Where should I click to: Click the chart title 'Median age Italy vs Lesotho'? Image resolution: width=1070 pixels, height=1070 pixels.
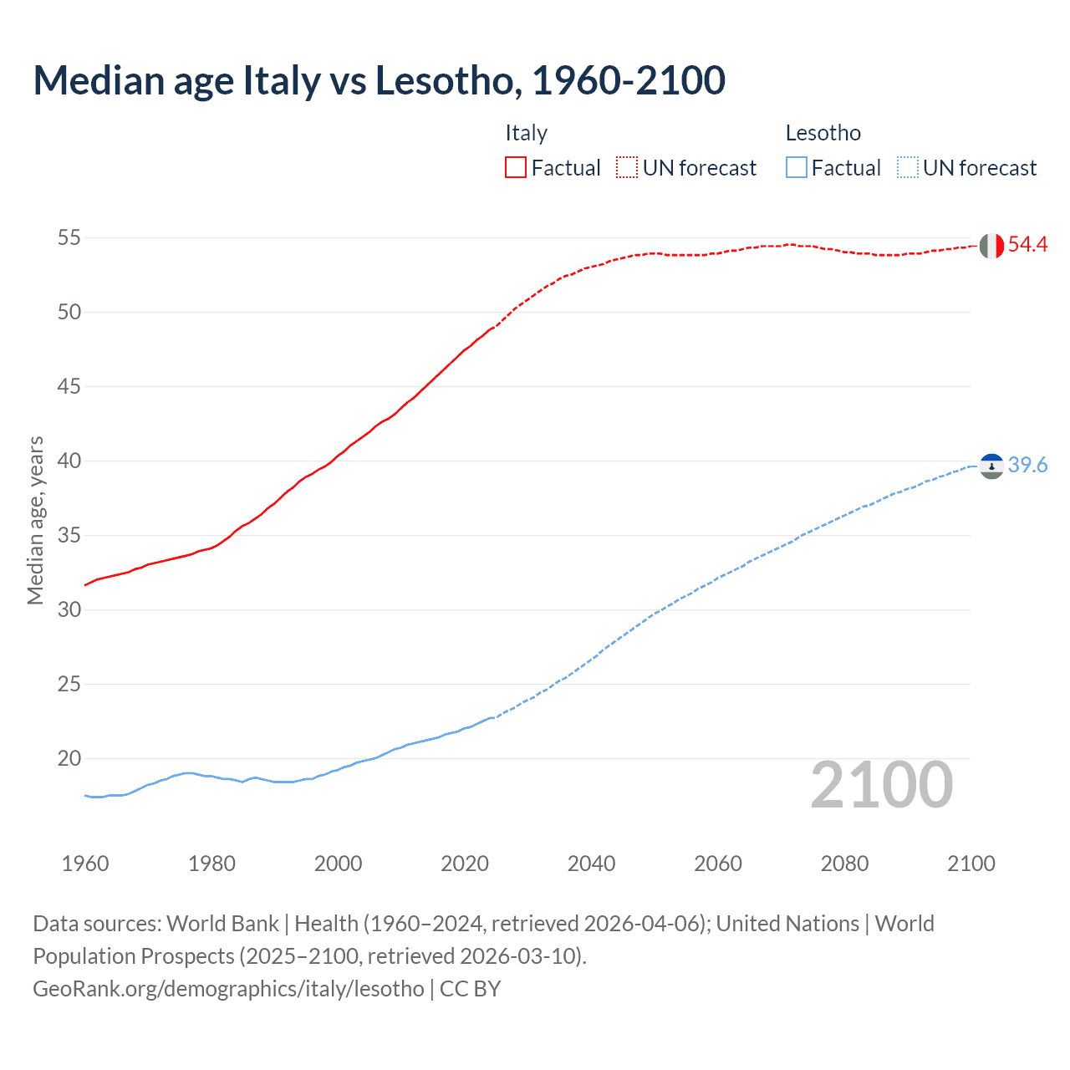[x=379, y=80]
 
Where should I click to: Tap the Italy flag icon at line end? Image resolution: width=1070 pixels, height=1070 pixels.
[x=991, y=246]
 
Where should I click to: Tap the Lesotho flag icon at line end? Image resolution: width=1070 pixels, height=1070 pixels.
[x=991, y=466]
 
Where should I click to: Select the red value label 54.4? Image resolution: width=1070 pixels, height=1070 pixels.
[x=1027, y=244]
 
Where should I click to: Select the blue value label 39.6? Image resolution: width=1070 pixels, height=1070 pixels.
[x=1027, y=465]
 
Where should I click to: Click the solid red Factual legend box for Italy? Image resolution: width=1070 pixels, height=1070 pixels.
[x=516, y=167]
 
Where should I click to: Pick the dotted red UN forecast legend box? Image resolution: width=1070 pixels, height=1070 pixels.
[x=627, y=167]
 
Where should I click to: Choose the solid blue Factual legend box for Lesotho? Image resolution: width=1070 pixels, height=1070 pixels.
[x=797, y=167]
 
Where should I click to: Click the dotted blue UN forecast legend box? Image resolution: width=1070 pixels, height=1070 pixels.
[x=907, y=167]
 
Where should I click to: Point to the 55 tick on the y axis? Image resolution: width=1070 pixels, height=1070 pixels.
[x=69, y=237]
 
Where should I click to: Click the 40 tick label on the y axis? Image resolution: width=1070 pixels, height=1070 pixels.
[x=69, y=461]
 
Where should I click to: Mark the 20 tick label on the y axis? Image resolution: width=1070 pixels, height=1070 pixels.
[x=69, y=758]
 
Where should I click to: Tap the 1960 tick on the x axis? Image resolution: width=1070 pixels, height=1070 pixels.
[x=85, y=864]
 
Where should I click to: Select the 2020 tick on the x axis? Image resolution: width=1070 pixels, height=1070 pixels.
[x=465, y=864]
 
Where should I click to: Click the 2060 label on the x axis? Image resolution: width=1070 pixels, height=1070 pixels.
[x=718, y=864]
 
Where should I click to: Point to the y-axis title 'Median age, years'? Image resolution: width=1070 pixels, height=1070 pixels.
[x=35, y=520]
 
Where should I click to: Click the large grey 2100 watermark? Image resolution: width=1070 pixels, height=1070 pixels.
[x=881, y=784]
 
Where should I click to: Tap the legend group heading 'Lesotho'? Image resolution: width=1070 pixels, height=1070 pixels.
[x=823, y=133]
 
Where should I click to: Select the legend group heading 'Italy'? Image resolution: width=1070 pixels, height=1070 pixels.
[x=526, y=133]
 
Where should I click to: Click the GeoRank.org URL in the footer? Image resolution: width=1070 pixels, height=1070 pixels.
[x=228, y=988]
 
